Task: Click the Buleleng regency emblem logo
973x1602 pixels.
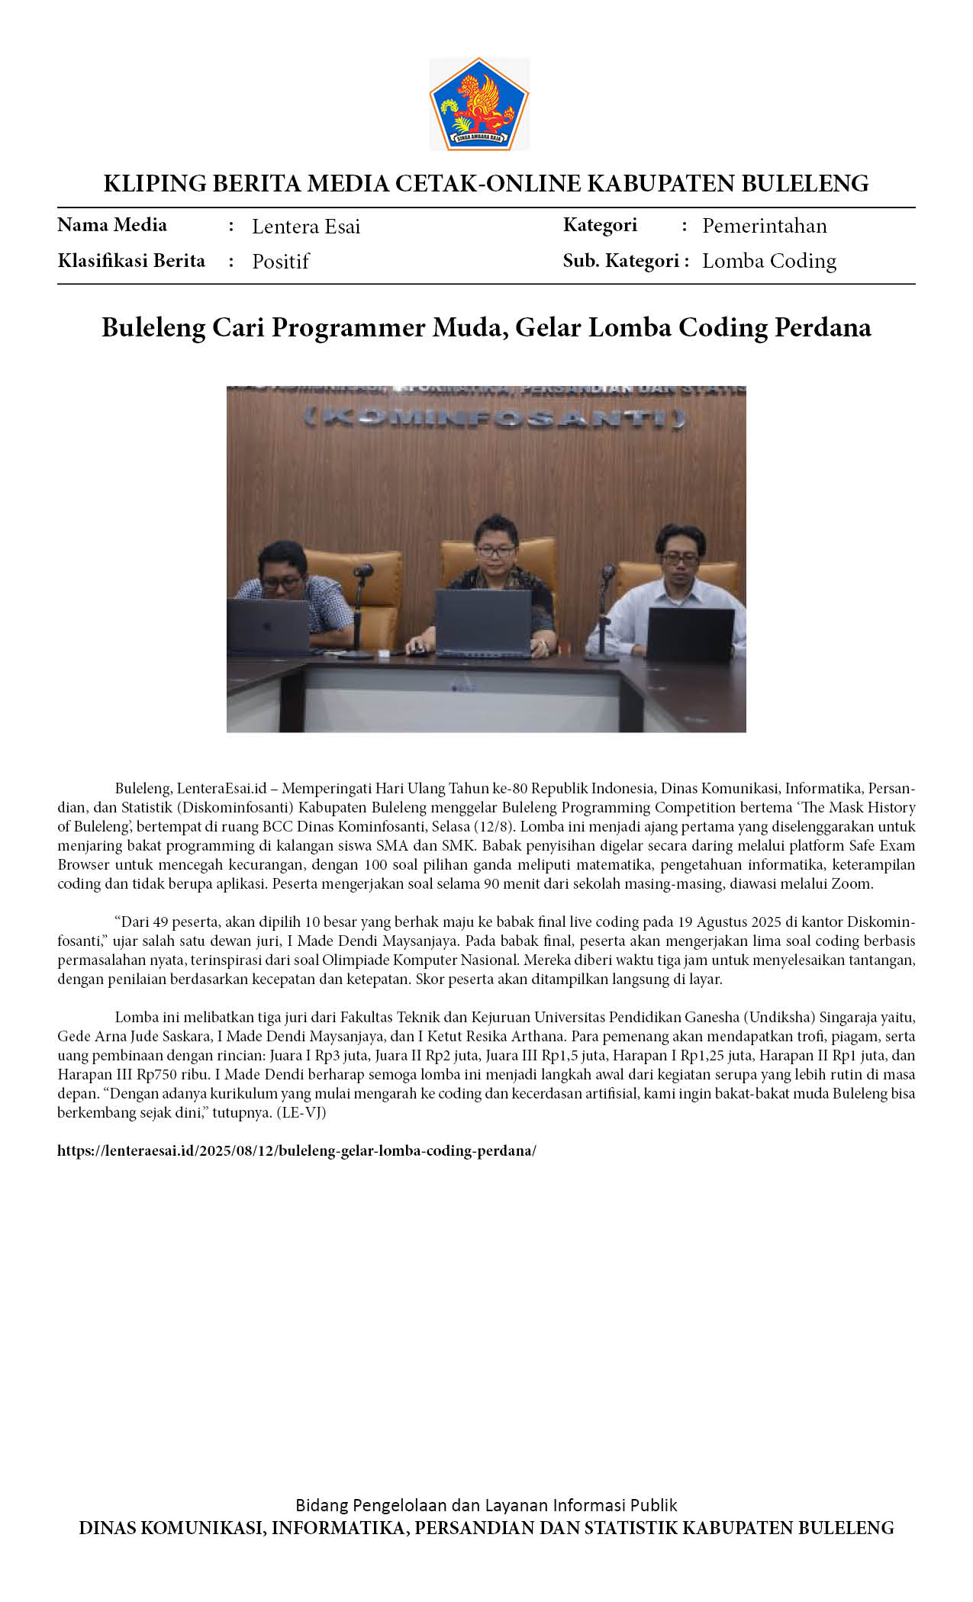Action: click(x=478, y=104)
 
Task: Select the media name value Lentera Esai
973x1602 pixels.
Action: click(x=305, y=227)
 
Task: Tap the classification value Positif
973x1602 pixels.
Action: click(x=280, y=262)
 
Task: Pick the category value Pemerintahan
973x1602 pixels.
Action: click(x=764, y=226)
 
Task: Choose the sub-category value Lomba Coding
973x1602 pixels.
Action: click(x=768, y=261)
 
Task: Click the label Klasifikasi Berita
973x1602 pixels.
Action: click(x=131, y=261)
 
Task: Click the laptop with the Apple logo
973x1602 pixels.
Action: click(x=269, y=626)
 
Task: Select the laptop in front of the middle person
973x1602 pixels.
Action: click(x=483, y=622)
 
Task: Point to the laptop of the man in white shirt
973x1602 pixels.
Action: click(x=690, y=634)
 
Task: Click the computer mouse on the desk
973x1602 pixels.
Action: click(x=417, y=650)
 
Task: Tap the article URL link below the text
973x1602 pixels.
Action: click(x=297, y=1150)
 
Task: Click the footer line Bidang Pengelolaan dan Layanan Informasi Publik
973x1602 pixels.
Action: click(x=486, y=1505)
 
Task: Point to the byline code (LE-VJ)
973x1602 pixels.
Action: click(x=301, y=1113)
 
